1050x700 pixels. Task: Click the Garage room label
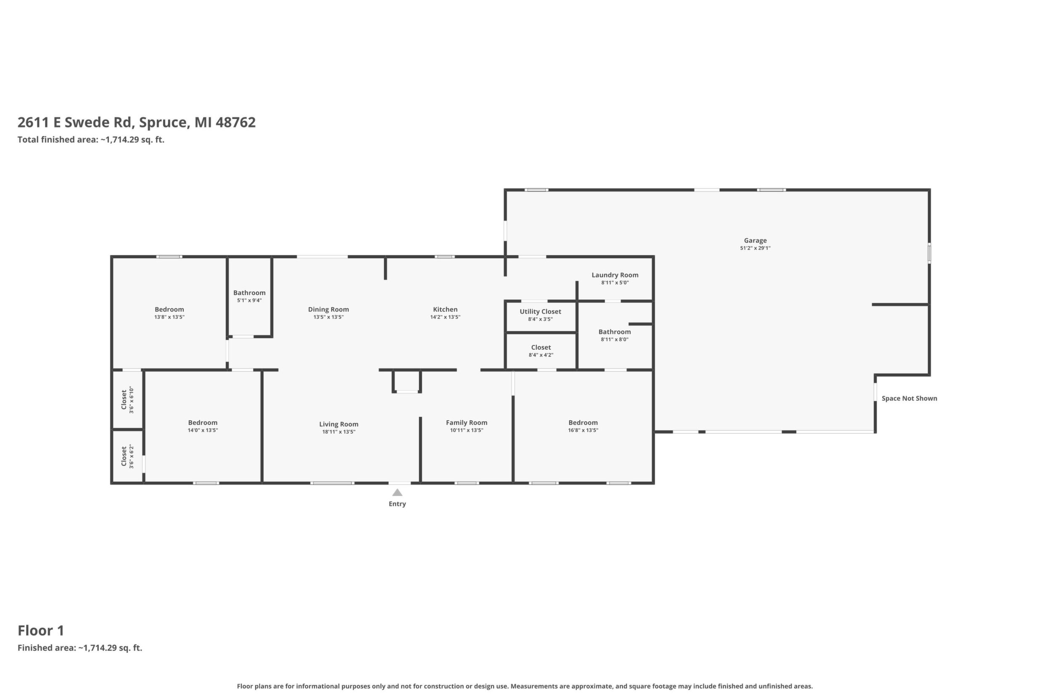[755, 241]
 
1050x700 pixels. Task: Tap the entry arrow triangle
[397, 493]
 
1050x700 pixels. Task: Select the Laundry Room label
[615, 275]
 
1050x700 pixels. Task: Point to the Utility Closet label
[540, 312]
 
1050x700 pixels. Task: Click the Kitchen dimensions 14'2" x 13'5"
[445, 317]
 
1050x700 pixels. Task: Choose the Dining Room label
[328, 309]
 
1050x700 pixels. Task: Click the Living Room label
[338, 424]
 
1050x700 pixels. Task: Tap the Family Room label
[467, 422]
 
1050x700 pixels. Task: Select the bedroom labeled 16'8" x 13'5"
[583, 422]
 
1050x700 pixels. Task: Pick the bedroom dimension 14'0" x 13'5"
[203, 430]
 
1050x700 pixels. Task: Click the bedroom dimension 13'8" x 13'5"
[169, 317]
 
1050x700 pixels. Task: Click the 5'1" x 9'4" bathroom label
[249, 293]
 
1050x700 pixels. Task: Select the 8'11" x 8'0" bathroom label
[614, 331]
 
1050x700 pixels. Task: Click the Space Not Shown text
[909, 398]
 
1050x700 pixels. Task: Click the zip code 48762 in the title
[235, 122]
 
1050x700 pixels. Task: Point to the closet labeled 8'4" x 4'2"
[541, 347]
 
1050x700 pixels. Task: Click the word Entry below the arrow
[397, 504]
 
